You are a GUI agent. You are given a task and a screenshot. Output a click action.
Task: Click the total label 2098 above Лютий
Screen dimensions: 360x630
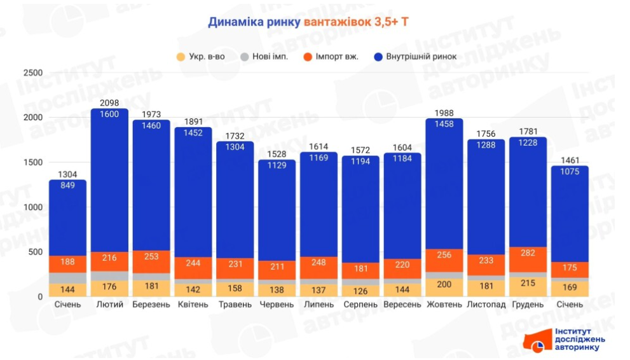point(110,103)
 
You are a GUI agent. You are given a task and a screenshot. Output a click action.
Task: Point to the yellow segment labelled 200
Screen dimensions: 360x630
point(444,284)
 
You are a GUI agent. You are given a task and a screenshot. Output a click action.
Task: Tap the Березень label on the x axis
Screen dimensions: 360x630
point(151,305)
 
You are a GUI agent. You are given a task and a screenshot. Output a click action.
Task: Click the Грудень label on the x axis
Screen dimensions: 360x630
point(528,305)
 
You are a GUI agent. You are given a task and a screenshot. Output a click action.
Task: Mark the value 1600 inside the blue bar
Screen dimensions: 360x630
point(110,114)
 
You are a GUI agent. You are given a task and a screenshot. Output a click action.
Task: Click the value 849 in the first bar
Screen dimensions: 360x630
point(68,186)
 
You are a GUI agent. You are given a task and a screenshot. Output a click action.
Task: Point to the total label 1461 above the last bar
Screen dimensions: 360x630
point(570,160)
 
